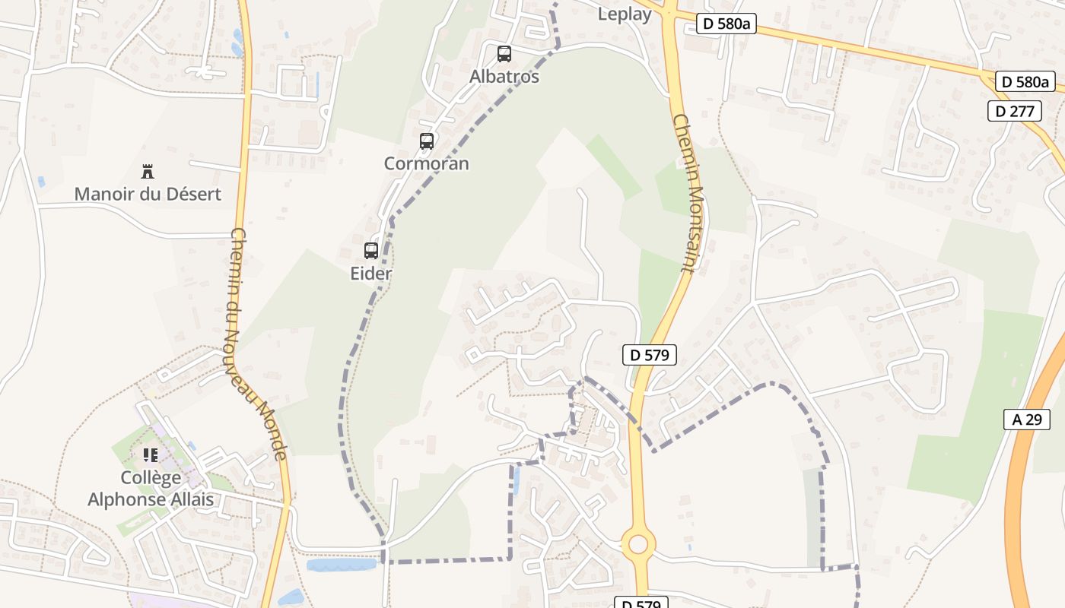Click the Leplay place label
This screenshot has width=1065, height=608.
point(625,14)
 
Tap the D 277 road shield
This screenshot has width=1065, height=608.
point(1015,111)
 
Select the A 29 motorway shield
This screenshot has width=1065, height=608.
point(1026,419)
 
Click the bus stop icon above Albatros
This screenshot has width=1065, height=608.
point(504,54)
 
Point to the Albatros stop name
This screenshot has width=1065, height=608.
point(504,77)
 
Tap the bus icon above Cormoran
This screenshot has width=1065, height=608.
point(427,141)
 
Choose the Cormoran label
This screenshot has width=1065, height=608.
point(427,163)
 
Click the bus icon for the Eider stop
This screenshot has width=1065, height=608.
point(371,250)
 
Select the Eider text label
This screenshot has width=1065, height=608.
point(371,274)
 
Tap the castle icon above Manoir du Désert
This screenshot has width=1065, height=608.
point(148,171)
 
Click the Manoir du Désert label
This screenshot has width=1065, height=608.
point(148,194)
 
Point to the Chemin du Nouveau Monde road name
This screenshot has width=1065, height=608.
point(257,344)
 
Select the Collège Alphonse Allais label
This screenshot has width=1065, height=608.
point(151,489)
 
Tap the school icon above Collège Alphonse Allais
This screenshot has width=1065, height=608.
point(151,455)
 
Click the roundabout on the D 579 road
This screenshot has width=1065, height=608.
point(638,544)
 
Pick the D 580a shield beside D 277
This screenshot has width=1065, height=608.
point(1025,82)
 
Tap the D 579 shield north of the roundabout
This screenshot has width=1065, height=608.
point(649,354)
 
